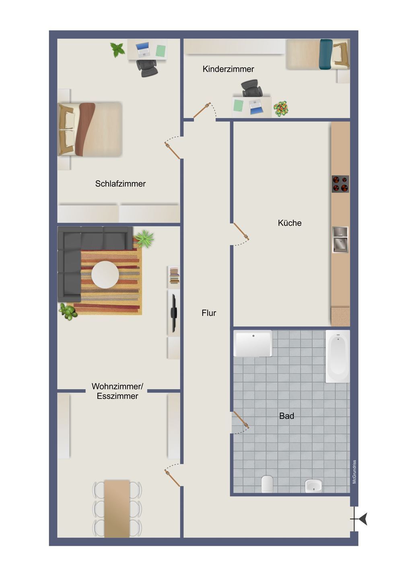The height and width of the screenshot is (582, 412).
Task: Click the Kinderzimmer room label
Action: [228, 69]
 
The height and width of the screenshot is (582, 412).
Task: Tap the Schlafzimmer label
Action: [120, 184]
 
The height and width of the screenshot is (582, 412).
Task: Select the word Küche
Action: [290, 223]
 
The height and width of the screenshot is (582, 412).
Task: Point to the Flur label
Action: [208, 313]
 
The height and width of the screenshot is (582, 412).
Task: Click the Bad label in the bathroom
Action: [286, 416]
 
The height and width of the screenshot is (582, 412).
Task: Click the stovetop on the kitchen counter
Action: [340, 184]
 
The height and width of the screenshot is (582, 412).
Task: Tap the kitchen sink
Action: [340, 240]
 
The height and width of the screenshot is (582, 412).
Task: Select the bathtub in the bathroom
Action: [338, 356]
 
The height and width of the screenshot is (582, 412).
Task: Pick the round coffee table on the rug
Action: [105, 275]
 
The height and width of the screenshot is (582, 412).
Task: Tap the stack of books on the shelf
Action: [174, 275]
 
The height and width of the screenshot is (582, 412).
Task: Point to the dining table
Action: [117, 508]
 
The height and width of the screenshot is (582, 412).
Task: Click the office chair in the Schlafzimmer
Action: [147, 68]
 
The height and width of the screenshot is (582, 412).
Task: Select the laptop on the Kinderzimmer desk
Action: [256, 107]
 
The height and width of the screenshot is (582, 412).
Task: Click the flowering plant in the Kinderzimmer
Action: [281, 109]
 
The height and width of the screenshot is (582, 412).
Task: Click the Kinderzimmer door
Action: [202, 110]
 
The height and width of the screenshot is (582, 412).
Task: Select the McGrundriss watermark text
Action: [354, 472]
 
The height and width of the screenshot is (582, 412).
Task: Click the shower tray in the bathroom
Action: [253, 344]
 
